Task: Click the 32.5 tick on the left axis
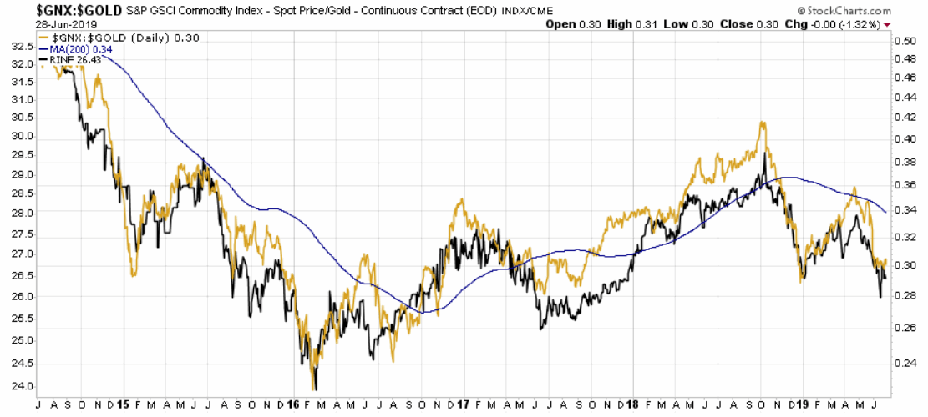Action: pyautogui.click(x=22, y=45)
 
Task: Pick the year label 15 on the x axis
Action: pyautogui.click(x=122, y=403)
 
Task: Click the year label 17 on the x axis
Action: pyautogui.click(x=463, y=403)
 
